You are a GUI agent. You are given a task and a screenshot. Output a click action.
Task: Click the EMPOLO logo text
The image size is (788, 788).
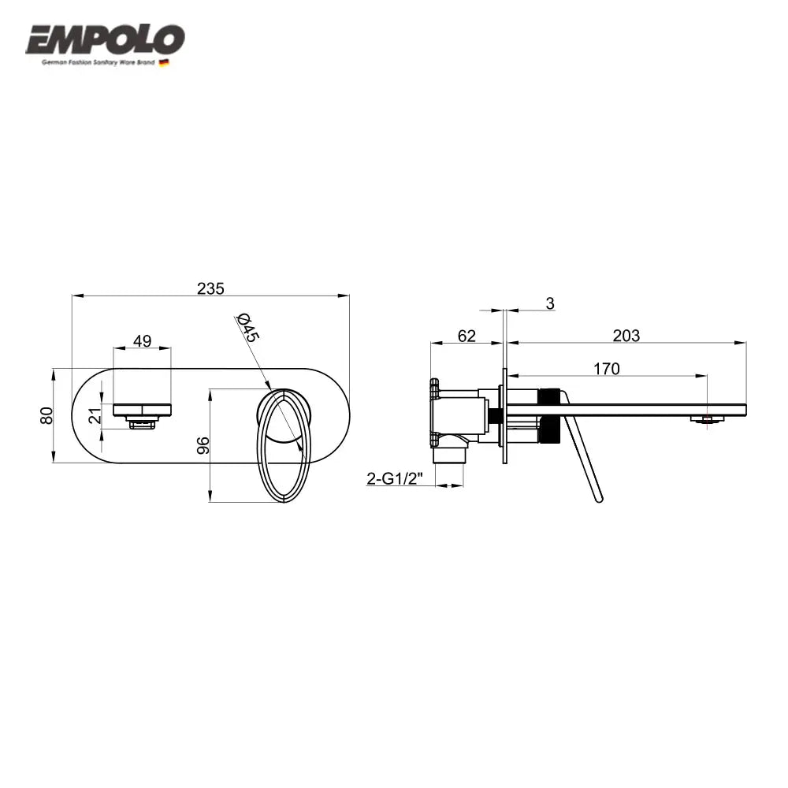[106, 39]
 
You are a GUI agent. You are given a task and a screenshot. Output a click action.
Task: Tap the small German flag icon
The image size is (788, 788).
[165, 62]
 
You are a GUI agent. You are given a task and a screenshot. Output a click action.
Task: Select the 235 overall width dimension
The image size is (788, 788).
[210, 288]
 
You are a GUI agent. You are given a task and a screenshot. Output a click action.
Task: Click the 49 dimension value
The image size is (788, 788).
[143, 340]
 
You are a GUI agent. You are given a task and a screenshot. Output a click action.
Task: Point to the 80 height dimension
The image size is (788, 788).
[46, 414]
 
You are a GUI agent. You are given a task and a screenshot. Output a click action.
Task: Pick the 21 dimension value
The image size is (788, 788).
[95, 415]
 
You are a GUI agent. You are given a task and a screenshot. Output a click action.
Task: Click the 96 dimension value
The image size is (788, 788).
[203, 444]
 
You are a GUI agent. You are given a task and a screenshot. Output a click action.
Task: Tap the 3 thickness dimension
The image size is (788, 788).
[550, 303]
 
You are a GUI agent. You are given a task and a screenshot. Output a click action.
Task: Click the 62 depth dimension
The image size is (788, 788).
[466, 336]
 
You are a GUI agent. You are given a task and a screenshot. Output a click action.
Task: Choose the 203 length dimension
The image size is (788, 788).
[626, 336]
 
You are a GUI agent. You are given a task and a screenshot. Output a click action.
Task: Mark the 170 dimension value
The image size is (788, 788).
[607, 368]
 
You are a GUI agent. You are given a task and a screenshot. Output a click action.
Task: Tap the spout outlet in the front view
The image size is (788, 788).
[142, 423]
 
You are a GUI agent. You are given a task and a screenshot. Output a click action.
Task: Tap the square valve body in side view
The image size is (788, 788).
[461, 414]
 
